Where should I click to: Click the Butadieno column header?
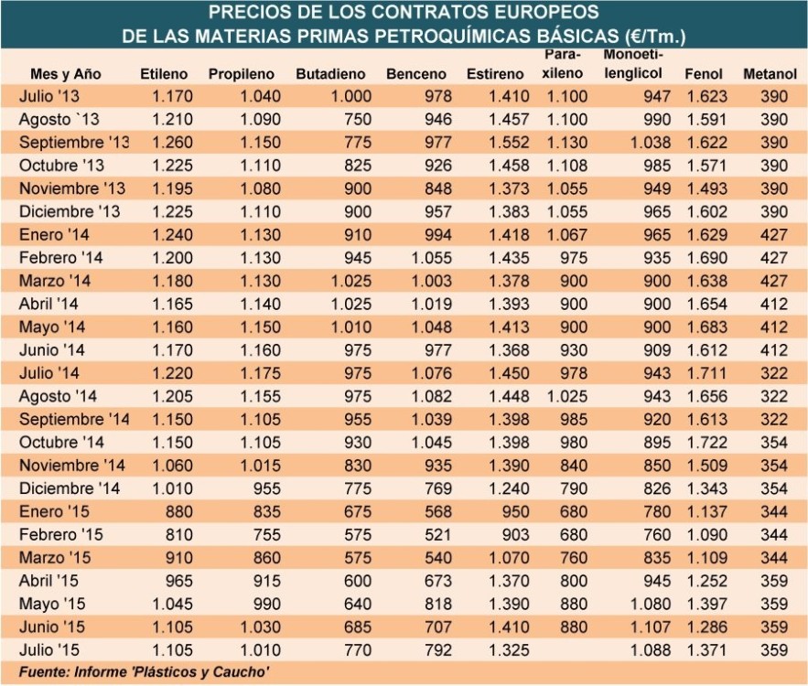[x=330, y=73]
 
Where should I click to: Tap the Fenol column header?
[x=703, y=73]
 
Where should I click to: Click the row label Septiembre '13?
[x=74, y=142]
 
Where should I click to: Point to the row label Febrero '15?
[x=63, y=534]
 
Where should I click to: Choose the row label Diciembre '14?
[x=69, y=487]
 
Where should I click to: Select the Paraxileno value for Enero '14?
[x=564, y=234]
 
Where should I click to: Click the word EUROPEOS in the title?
[x=542, y=13]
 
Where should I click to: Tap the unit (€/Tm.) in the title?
[x=654, y=37]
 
